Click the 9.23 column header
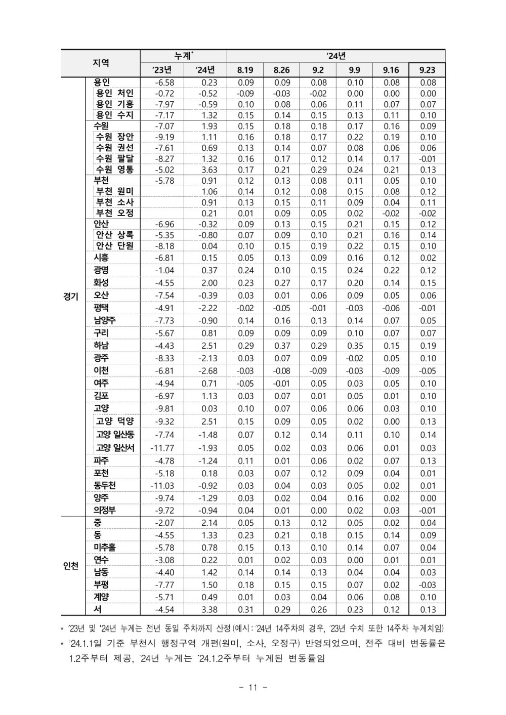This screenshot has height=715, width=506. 427,70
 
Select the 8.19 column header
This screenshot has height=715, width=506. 245,70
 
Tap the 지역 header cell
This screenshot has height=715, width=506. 101,63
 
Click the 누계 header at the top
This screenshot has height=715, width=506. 183,56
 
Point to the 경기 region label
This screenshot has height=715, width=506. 71,297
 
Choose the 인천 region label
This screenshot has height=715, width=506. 71,566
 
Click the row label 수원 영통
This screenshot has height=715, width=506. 115,170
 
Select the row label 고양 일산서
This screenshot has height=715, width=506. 115,448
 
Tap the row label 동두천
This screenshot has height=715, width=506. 105,485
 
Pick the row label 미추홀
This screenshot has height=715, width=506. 105,548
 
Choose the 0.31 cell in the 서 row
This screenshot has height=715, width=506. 245,610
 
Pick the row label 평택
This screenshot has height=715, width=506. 101,308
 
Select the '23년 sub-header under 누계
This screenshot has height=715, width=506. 162,70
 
